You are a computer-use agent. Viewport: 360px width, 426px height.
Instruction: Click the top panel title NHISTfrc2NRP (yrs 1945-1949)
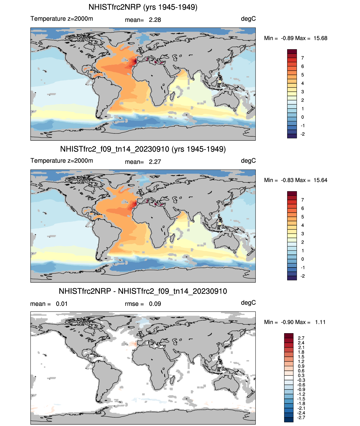pos(143,7)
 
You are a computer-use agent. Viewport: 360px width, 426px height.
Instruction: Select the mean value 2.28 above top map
pos(155,20)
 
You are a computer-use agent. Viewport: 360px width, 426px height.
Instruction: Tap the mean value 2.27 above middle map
pos(155,162)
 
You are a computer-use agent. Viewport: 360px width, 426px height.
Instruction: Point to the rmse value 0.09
pos(155,304)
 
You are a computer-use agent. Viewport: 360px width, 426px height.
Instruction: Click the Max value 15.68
pos(320,38)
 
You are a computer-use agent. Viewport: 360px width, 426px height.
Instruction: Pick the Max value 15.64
pos(320,180)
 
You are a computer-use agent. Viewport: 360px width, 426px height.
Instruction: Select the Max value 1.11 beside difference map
pos(320,322)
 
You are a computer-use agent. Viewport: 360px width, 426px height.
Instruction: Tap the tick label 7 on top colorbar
pos(303,58)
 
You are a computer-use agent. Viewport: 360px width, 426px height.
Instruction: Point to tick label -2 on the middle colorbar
pos(303,276)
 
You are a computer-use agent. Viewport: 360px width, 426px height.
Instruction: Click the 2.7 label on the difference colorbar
pos(301,338)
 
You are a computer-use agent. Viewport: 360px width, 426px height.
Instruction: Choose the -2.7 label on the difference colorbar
pos(301,418)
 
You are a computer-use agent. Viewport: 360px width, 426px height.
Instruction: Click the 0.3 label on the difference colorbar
pos(301,376)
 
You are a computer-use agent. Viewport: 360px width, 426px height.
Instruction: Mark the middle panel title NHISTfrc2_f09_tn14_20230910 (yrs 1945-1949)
pos(143,149)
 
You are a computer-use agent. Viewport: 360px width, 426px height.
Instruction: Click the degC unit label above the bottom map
pos(248,303)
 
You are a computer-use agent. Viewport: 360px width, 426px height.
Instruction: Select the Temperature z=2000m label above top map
pos(62,19)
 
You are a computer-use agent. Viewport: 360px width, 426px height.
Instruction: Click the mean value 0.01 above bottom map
pos(62,304)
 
